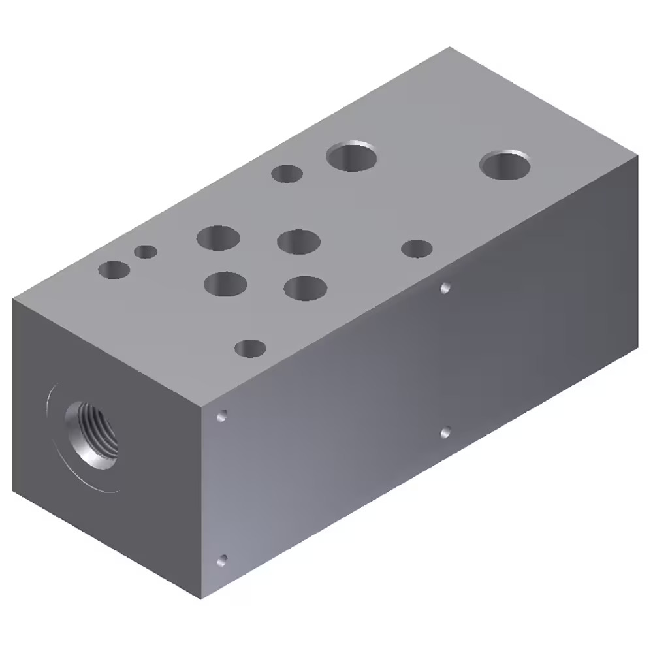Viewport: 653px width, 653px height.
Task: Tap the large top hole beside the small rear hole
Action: click(353, 157)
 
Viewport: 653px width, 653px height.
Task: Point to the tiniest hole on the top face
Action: click(146, 251)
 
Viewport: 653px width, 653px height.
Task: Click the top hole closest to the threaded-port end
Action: click(114, 270)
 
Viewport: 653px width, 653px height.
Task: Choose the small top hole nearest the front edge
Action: click(249, 348)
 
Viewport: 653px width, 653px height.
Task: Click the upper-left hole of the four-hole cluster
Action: click(218, 238)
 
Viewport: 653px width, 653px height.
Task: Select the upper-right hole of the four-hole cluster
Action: click(298, 241)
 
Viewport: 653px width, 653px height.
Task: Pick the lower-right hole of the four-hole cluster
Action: click(306, 288)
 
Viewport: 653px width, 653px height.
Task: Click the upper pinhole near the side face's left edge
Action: click(223, 415)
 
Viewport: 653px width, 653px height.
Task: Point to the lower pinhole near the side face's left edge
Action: click(223, 560)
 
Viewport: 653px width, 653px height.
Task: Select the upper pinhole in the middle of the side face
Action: click(445, 287)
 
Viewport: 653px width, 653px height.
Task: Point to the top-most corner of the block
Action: click(450, 47)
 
